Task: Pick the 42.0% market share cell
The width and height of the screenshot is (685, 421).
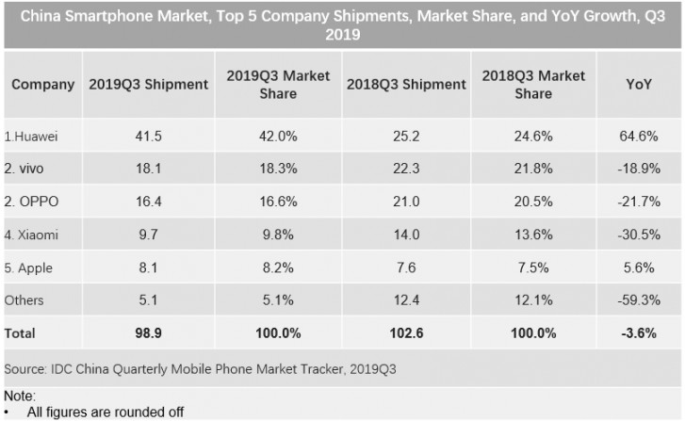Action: [278, 137]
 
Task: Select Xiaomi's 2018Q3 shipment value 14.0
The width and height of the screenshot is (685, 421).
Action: [405, 235]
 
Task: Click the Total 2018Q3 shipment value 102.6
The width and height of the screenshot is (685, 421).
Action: [405, 333]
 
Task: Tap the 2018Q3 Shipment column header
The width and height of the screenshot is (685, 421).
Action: [405, 84]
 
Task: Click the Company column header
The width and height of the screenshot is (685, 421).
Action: [42, 84]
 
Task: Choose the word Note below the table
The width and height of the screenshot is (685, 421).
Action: [19, 397]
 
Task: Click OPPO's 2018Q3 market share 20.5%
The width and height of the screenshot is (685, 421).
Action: [533, 202]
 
